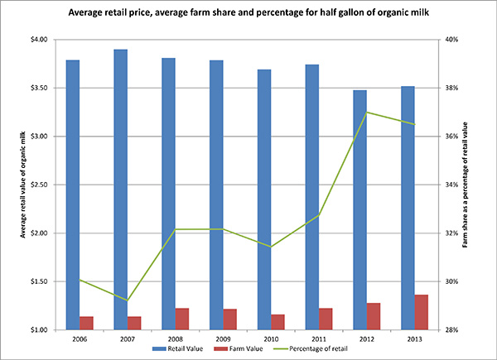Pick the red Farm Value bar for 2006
coord(86,323)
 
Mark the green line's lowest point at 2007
coord(127,300)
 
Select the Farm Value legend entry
coord(239,349)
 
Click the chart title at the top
coord(248,14)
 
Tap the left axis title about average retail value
coord(14,184)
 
